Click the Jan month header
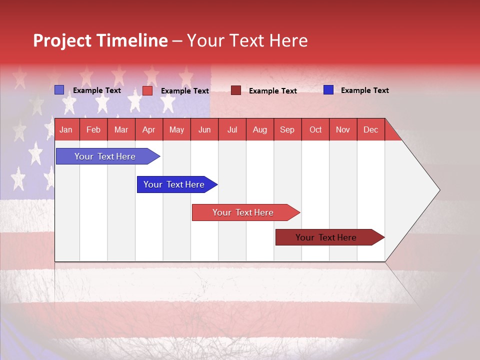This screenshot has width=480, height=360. coord(66,130)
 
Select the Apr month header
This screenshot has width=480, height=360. coord(148,130)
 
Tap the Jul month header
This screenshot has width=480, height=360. coord(232,130)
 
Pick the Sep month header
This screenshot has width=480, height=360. coord(287,130)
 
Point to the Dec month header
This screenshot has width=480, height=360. coord(370,130)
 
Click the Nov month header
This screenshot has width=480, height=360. coord(342,130)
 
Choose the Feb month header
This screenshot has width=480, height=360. coord(93,130)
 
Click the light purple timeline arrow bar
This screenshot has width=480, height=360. coord(105,156)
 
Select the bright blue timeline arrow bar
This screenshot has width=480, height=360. coord(174,184)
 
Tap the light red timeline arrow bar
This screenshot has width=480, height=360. coord(243,212)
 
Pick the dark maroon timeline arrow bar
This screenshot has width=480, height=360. coord(326,237)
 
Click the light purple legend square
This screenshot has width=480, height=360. coord(59,90)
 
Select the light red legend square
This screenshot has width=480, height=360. coord(147,90)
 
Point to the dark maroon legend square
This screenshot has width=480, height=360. coord(236,90)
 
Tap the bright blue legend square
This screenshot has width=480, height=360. coord(328,90)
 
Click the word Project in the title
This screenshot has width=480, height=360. coord(62,40)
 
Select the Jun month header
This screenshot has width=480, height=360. coord(204,130)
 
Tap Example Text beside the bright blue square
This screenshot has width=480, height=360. coord(364,90)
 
